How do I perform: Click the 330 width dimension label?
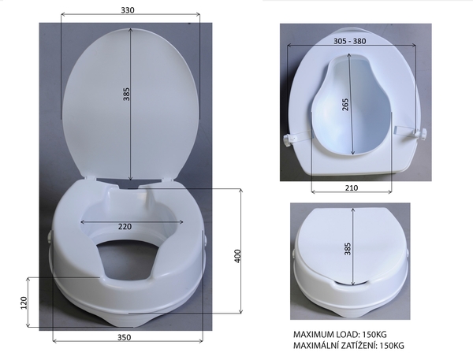pos(128,10)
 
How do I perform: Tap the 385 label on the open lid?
pos(126,94)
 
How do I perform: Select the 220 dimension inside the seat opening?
pos(125,226)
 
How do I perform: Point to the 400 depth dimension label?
pos(237,256)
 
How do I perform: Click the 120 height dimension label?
pos(24,302)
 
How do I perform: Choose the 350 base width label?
pos(124,337)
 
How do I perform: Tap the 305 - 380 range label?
pos(349,41)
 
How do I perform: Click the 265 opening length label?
pos(345,104)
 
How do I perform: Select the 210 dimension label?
pos(352,187)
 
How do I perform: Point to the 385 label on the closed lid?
pos(348,249)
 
